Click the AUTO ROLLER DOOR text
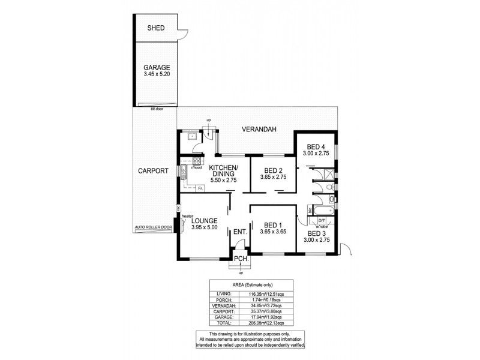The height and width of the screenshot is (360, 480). point(154,228)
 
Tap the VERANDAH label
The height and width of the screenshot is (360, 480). point(259,130)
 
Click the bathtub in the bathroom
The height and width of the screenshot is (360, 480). point(321,212)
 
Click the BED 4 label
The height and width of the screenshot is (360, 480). point(316,146)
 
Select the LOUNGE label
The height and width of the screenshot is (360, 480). point(204,220)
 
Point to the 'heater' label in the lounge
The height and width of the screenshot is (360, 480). point(187,216)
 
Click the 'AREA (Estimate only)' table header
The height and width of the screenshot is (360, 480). point(251,286)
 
